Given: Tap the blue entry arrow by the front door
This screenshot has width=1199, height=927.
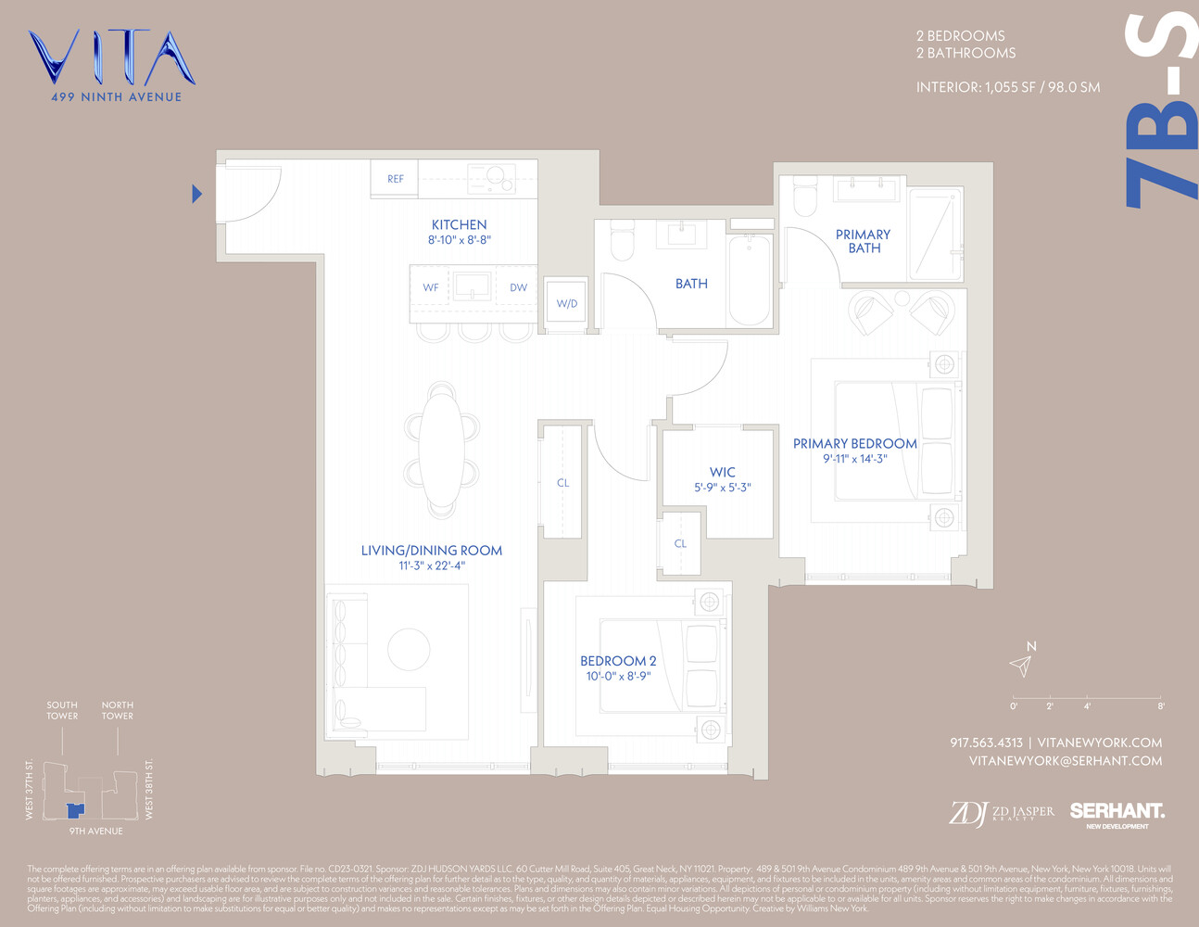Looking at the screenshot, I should click(x=196, y=194).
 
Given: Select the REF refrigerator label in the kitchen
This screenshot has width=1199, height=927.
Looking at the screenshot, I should click(x=396, y=179).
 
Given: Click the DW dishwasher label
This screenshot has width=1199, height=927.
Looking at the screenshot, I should click(x=518, y=287).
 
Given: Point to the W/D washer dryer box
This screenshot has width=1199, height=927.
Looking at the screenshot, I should click(x=566, y=303).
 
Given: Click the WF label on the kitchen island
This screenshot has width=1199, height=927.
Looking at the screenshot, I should click(x=431, y=287).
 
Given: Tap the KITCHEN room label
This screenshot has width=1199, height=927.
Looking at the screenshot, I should click(x=459, y=225).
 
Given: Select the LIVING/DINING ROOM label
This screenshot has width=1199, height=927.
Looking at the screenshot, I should click(x=432, y=551).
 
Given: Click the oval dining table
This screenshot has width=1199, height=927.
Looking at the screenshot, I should click(x=442, y=450).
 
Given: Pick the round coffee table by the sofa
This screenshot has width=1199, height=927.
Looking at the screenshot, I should click(x=409, y=649).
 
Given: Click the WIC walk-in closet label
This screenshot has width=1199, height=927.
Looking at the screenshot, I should click(x=722, y=473).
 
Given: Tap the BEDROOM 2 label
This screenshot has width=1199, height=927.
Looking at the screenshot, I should click(x=618, y=661).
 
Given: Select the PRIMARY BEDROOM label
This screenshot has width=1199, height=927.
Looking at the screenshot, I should click(x=854, y=444).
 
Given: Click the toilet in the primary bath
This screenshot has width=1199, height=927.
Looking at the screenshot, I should click(x=803, y=198).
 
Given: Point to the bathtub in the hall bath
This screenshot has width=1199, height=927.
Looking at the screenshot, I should click(x=750, y=280).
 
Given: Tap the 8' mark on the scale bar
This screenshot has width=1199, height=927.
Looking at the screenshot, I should click(x=1160, y=705).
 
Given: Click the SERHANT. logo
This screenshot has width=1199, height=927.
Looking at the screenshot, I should click(x=1117, y=811).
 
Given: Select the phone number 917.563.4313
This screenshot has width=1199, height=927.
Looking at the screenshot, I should click(x=986, y=743).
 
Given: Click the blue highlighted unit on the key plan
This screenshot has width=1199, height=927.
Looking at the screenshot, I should click(x=74, y=810).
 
